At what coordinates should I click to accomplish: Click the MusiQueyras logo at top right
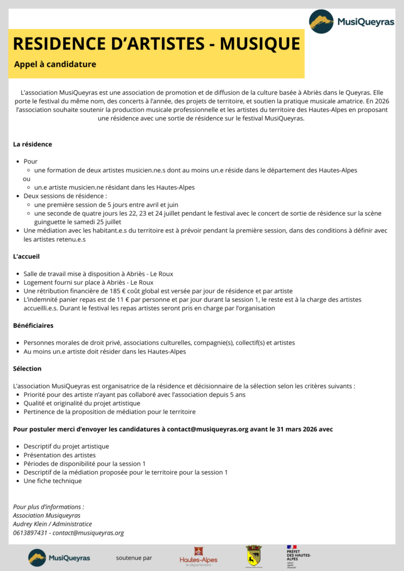tap(352, 22)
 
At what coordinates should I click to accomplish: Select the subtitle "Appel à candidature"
tap(55, 64)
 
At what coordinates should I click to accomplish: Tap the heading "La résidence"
tap(32, 144)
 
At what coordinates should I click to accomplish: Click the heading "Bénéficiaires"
tap(33, 325)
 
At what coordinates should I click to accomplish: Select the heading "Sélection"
tap(27, 369)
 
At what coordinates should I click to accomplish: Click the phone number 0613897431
tap(30, 533)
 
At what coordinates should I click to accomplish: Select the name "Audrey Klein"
tap(32, 524)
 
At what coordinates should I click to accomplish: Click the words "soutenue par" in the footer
tap(134, 558)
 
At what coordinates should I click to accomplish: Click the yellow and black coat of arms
tap(253, 555)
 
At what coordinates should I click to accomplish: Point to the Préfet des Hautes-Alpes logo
tap(299, 556)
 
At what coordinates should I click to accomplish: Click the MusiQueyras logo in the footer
tap(59, 557)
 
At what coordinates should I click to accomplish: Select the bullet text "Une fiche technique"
tap(52, 481)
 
